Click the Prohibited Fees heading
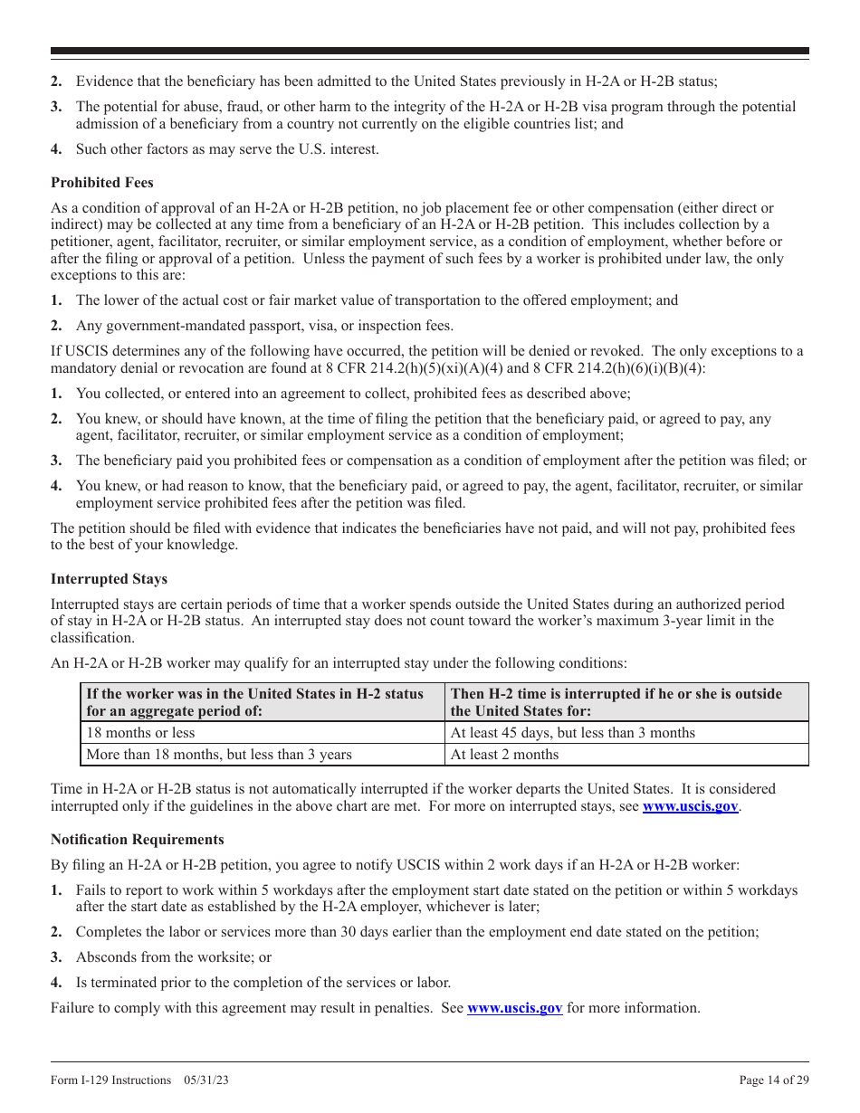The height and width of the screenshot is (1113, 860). click(101, 183)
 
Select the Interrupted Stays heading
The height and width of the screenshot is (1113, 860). click(109, 579)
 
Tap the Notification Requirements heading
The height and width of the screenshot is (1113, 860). click(137, 840)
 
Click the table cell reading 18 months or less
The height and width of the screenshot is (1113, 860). click(140, 733)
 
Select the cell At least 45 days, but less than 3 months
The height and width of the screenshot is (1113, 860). click(573, 733)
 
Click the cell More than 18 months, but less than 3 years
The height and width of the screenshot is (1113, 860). click(219, 755)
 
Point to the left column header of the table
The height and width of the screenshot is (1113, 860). click(254, 702)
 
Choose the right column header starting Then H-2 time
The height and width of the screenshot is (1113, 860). click(616, 702)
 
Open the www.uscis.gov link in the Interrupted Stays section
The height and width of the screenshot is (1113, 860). click(690, 806)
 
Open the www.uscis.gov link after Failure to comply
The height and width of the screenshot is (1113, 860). click(514, 1008)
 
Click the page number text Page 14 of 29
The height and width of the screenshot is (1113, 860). click(774, 1080)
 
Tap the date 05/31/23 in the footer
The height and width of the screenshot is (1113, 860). click(205, 1080)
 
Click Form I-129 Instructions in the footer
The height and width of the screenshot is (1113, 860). click(110, 1080)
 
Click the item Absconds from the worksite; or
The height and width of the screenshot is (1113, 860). click(174, 957)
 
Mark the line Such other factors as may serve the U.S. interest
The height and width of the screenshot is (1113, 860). click(227, 149)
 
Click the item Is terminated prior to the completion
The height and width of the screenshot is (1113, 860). click(263, 983)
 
